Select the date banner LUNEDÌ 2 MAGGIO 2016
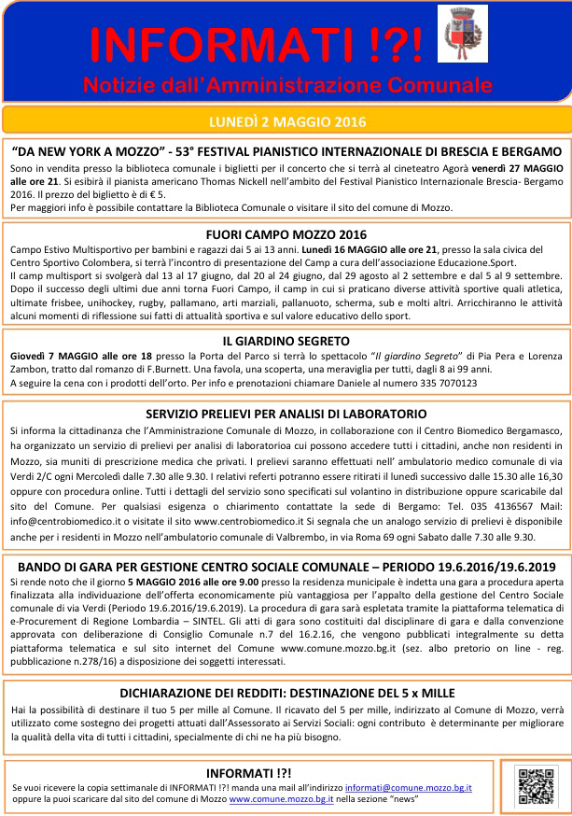click(286, 121)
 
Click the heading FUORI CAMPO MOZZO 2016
click(286, 233)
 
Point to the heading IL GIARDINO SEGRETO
click(286, 341)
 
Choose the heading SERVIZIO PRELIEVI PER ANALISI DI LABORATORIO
click(286, 414)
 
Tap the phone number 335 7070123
click(444, 383)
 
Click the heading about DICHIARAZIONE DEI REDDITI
click(286, 693)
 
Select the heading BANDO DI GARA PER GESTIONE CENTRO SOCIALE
click(286, 566)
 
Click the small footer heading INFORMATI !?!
click(247, 773)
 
